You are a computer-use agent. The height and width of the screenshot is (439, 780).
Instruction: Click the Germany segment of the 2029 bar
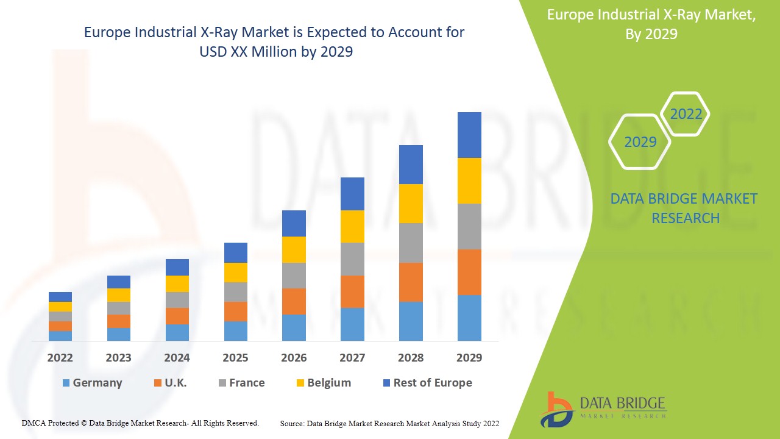click(x=469, y=318)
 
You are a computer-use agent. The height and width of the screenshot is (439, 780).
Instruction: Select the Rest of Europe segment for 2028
click(x=411, y=165)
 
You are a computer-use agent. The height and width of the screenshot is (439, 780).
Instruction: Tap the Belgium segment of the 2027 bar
click(x=352, y=226)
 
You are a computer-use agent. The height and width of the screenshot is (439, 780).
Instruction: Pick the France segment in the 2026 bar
click(x=294, y=276)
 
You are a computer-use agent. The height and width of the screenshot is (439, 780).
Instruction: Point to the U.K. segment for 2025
click(x=236, y=312)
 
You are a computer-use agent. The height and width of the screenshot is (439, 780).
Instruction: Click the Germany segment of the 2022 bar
click(x=60, y=336)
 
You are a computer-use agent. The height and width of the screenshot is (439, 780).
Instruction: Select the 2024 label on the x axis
click(x=177, y=358)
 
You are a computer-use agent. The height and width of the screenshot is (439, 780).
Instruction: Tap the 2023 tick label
click(x=118, y=358)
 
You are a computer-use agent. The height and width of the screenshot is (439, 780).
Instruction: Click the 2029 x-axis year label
click(x=469, y=358)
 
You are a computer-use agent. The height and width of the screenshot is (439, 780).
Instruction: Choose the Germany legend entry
click(x=97, y=383)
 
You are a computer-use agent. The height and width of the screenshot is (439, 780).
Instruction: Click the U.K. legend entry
click(x=175, y=383)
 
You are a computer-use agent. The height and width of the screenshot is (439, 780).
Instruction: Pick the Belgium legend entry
click(x=328, y=383)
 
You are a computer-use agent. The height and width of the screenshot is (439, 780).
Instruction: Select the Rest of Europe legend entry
click(x=432, y=383)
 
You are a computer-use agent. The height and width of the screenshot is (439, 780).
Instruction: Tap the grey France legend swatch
click(x=223, y=383)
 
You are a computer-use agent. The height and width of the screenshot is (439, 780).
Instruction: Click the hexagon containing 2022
click(x=686, y=114)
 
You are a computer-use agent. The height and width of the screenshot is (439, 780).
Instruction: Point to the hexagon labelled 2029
click(x=640, y=142)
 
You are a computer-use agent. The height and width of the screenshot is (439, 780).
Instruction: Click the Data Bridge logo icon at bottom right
click(x=556, y=409)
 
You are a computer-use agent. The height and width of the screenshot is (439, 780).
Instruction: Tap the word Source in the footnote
click(x=292, y=423)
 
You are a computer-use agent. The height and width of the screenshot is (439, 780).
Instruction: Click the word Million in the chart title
click(x=270, y=52)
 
